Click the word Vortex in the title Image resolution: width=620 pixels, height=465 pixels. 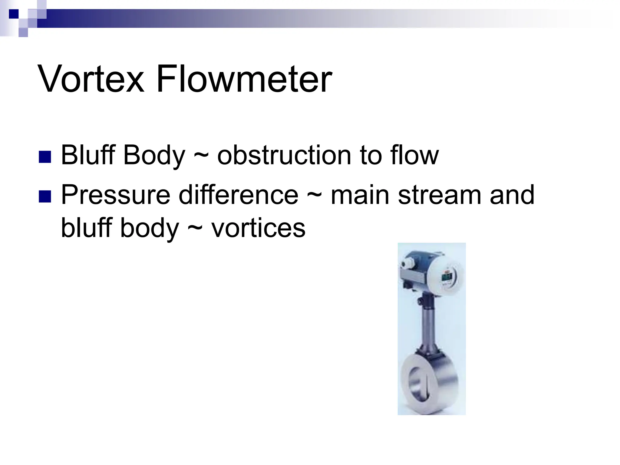91,79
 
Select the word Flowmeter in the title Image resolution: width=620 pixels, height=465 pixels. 244,79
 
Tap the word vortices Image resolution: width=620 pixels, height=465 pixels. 258,228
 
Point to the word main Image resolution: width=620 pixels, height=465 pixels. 360,195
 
